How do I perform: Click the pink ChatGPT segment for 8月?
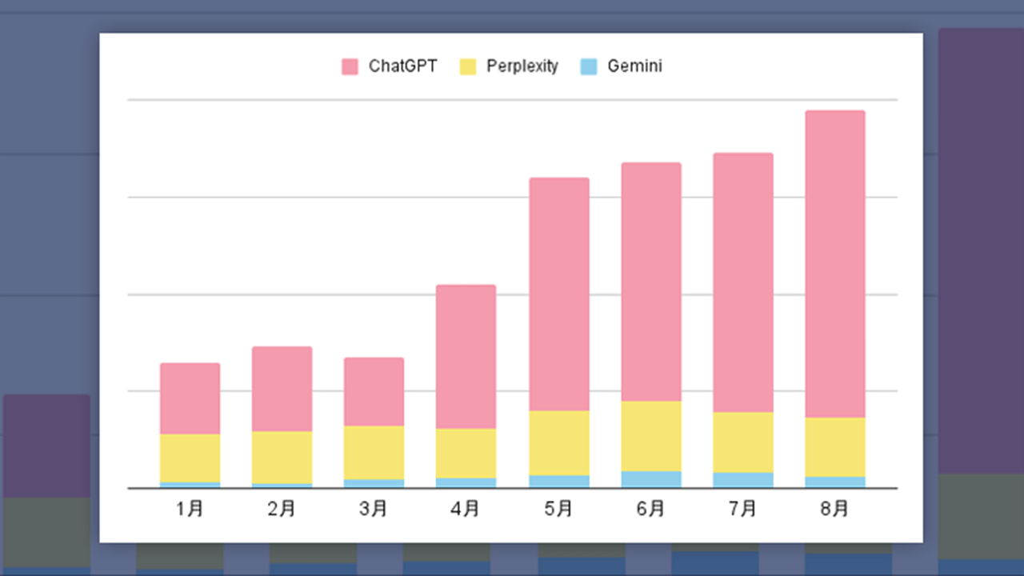click(x=834, y=264)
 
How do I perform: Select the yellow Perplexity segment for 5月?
click(x=558, y=443)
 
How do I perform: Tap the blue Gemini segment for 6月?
click(x=650, y=479)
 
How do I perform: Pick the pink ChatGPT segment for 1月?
click(x=190, y=398)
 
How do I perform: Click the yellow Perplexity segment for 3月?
click(x=374, y=452)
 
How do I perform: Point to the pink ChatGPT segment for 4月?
click(x=466, y=357)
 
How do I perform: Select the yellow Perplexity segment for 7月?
click(x=742, y=442)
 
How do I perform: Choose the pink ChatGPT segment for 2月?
click(x=282, y=389)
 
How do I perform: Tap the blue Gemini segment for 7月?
click(x=742, y=480)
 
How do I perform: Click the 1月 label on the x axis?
click(x=190, y=509)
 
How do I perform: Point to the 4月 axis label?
click(x=466, y=509)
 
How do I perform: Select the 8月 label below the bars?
click(x=834, y=509)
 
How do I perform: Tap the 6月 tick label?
click(x=650, y=509)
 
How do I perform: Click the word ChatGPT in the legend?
click(x=402, y=66)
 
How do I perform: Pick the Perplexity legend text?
click(x=522, y=66)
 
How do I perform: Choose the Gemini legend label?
click(x=634, y=66)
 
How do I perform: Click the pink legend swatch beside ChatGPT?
click(x=350, y=66)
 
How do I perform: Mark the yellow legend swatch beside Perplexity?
click(x=468, y=66)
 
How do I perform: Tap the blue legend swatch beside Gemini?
click(x=589, y=66)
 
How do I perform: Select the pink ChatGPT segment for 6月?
click(x=650, y=282)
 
